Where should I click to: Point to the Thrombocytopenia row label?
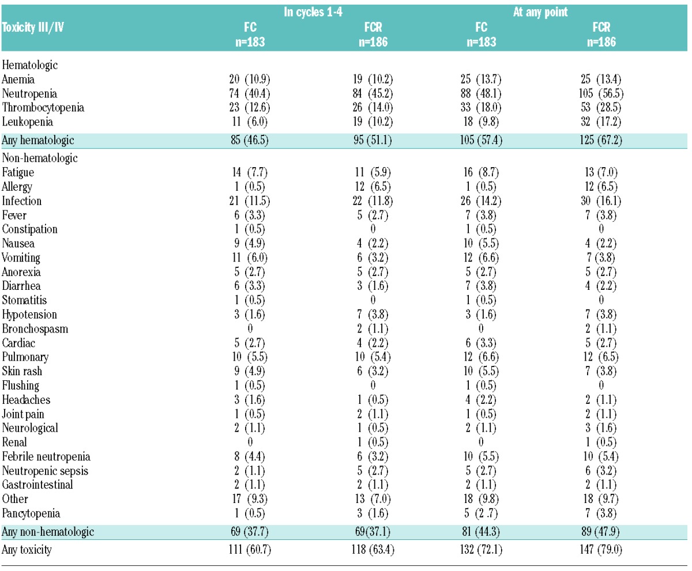[43, 108]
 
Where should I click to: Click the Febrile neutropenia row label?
[46, 457]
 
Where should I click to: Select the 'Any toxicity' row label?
[27, 550]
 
